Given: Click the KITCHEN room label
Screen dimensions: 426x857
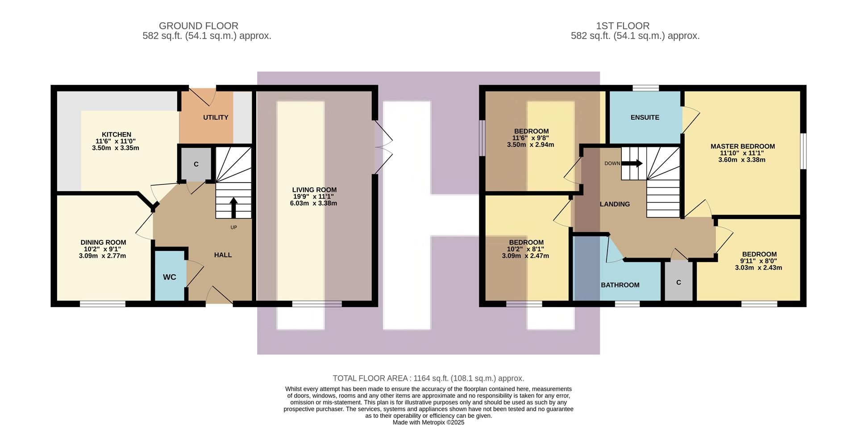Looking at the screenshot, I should (116, 134).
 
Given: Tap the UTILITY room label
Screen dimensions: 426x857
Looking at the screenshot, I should (216, 117).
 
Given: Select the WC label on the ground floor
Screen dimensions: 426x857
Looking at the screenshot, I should (169, 277).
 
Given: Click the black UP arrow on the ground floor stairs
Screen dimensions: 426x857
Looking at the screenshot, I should (233, 207).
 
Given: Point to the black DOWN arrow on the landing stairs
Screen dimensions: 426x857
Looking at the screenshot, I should (632, 163).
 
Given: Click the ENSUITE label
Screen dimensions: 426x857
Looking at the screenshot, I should (645, 117).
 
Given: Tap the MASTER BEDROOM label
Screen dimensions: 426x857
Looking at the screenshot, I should (742, 146).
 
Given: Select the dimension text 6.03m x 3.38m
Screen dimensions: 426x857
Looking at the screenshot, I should (313, 203).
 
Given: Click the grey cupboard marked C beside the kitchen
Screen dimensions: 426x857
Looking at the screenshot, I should (196, 164).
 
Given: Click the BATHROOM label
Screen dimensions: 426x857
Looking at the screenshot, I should (620, 285).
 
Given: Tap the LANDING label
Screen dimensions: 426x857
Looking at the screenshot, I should (615, 204).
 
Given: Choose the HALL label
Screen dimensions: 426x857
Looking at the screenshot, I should (223, 255).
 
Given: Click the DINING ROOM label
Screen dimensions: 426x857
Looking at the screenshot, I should (103, 242).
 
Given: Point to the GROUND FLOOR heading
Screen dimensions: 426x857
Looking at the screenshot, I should (199, 26).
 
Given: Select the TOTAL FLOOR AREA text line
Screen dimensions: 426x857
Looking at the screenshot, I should (428, 378).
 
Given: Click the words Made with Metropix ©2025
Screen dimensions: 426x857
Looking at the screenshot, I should (428, 422).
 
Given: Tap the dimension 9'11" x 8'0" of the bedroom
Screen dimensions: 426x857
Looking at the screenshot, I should (758, 261).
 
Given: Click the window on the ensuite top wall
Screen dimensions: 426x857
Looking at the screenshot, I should (645, 88).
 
